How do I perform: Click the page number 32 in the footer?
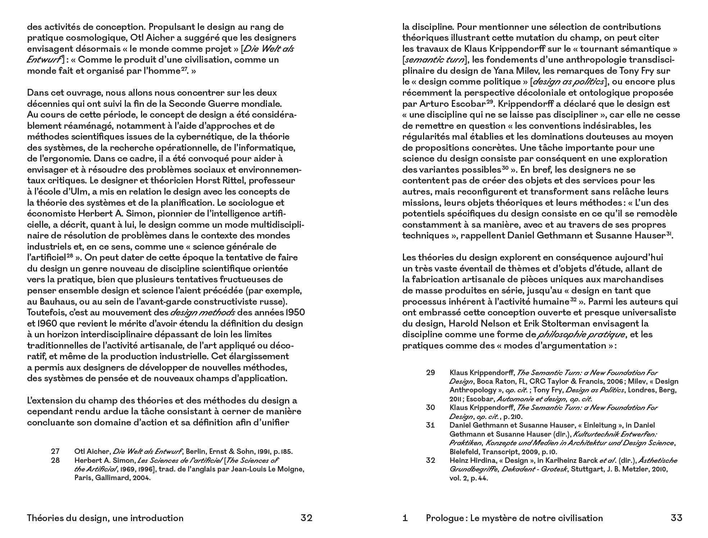pos(306,518)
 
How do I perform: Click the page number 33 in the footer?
pos(676,518)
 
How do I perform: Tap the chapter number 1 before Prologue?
pos(405,518)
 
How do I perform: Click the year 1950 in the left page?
pos(294,312)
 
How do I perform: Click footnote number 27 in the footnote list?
pos(55,451)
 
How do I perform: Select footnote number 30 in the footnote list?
pos(430,407)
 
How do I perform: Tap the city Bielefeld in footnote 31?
pos(464,452)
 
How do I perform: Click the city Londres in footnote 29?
pos(644,390)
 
